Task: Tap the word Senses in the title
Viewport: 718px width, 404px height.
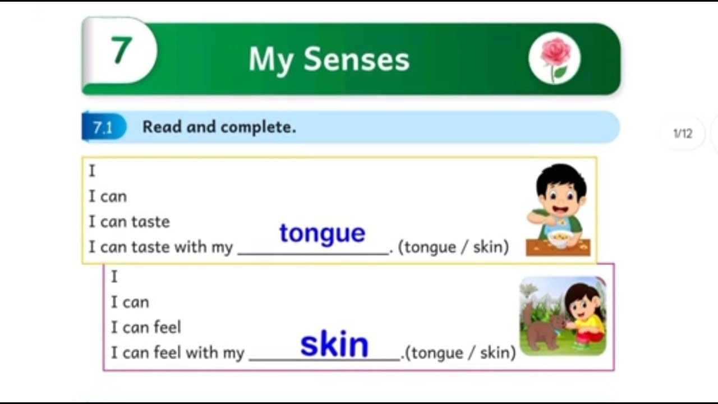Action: [357, 59]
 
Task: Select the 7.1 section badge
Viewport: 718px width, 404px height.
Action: [103, 128]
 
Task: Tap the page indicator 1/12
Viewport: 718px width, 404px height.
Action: [683, 134]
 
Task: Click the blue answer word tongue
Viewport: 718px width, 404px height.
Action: [322, 233]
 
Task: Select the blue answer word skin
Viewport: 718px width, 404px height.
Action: [334, 344]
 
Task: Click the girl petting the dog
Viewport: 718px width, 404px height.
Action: [584, 317]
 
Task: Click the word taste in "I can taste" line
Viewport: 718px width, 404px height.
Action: [150, 222]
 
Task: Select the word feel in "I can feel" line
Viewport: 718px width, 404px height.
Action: [167, 327]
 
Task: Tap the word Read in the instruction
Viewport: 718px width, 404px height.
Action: [162, 127]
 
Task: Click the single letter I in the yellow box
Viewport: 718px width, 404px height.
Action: [92, 171]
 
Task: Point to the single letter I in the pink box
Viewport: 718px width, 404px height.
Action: [114, 277]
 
